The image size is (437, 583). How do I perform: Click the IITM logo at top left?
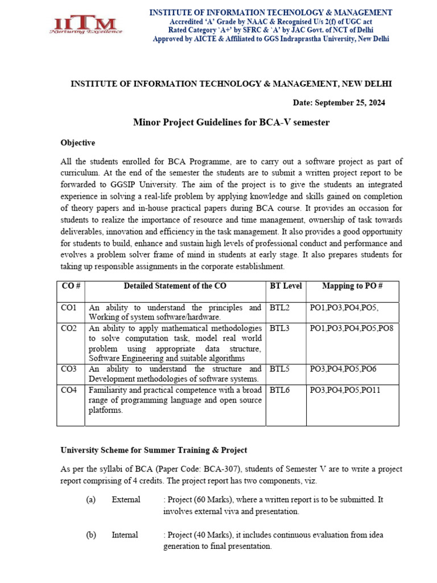(85, 24)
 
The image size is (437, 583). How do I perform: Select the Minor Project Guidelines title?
(231, 122)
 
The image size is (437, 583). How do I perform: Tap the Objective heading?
(78, 142)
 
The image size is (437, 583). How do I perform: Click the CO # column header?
(71, 286)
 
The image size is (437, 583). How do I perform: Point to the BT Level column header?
(286, 286)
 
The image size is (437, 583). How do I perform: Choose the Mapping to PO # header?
(352, 286)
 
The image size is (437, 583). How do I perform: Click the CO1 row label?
(69, 308)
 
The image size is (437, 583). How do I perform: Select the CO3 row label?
(69, 369)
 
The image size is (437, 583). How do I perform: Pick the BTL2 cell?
(279, 308)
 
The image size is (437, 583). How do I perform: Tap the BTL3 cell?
(279, 329)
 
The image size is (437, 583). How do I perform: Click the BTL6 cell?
(279, 390)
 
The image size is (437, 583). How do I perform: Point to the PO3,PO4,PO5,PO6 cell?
(343, 369)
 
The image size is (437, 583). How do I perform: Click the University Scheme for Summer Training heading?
(154, 450)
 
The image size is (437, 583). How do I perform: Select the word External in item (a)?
(126, 499)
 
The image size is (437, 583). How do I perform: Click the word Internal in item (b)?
(125, 535)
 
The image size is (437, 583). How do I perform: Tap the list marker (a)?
(90, 499)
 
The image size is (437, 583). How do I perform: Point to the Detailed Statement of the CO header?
(175, 286)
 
